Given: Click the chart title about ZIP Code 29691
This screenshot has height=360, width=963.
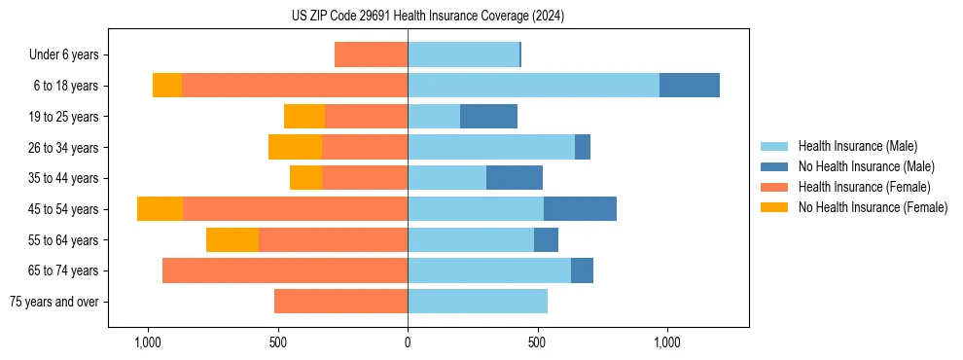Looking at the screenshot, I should pos(427,17).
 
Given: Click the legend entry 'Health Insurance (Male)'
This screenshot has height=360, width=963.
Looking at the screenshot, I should pos(857,146).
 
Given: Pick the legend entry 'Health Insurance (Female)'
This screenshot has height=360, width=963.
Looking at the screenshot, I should pos(864,187).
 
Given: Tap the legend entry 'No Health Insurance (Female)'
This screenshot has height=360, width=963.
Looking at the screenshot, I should pos(873,207).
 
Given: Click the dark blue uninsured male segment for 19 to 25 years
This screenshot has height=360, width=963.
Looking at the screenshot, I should pos(488,117).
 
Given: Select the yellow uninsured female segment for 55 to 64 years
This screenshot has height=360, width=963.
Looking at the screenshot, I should pos(232,239).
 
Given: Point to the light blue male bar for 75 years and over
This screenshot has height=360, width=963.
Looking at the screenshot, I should pos(477,302).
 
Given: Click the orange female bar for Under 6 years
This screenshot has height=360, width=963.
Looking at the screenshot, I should pos(371,55).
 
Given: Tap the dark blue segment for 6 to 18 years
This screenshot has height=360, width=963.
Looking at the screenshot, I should pos(689,86).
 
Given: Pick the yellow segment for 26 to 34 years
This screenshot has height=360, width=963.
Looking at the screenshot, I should pos(295,147).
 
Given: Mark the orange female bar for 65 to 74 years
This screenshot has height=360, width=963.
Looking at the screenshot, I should pos(285,270).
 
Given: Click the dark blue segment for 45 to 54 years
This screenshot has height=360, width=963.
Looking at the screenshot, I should pos(580,209).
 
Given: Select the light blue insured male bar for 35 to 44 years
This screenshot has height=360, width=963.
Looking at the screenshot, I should pos(446,178).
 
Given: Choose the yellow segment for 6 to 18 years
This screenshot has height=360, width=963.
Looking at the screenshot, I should pos(167,86).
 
